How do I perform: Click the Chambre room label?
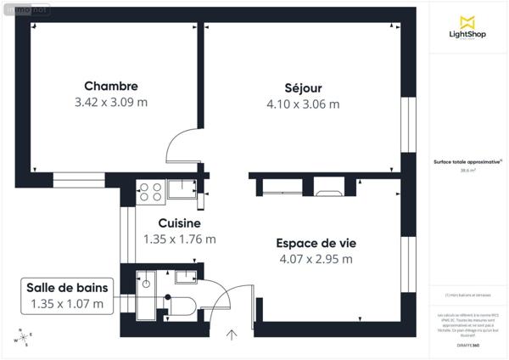tap(110, 86)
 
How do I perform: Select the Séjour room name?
tap(302, 87)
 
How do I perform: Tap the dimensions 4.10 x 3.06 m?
tap(302, 104)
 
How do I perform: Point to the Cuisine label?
tap(178, 222)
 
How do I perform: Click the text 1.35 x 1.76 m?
tap(178, 239)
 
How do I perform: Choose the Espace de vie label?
tap(314, 242)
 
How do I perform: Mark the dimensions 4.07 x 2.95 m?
tap(314, 259)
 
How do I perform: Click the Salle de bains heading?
tap(66, 287)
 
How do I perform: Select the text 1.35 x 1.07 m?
tap(66, 303)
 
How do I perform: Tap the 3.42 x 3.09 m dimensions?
tap(110, 103)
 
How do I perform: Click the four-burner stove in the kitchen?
tap(150, 192)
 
